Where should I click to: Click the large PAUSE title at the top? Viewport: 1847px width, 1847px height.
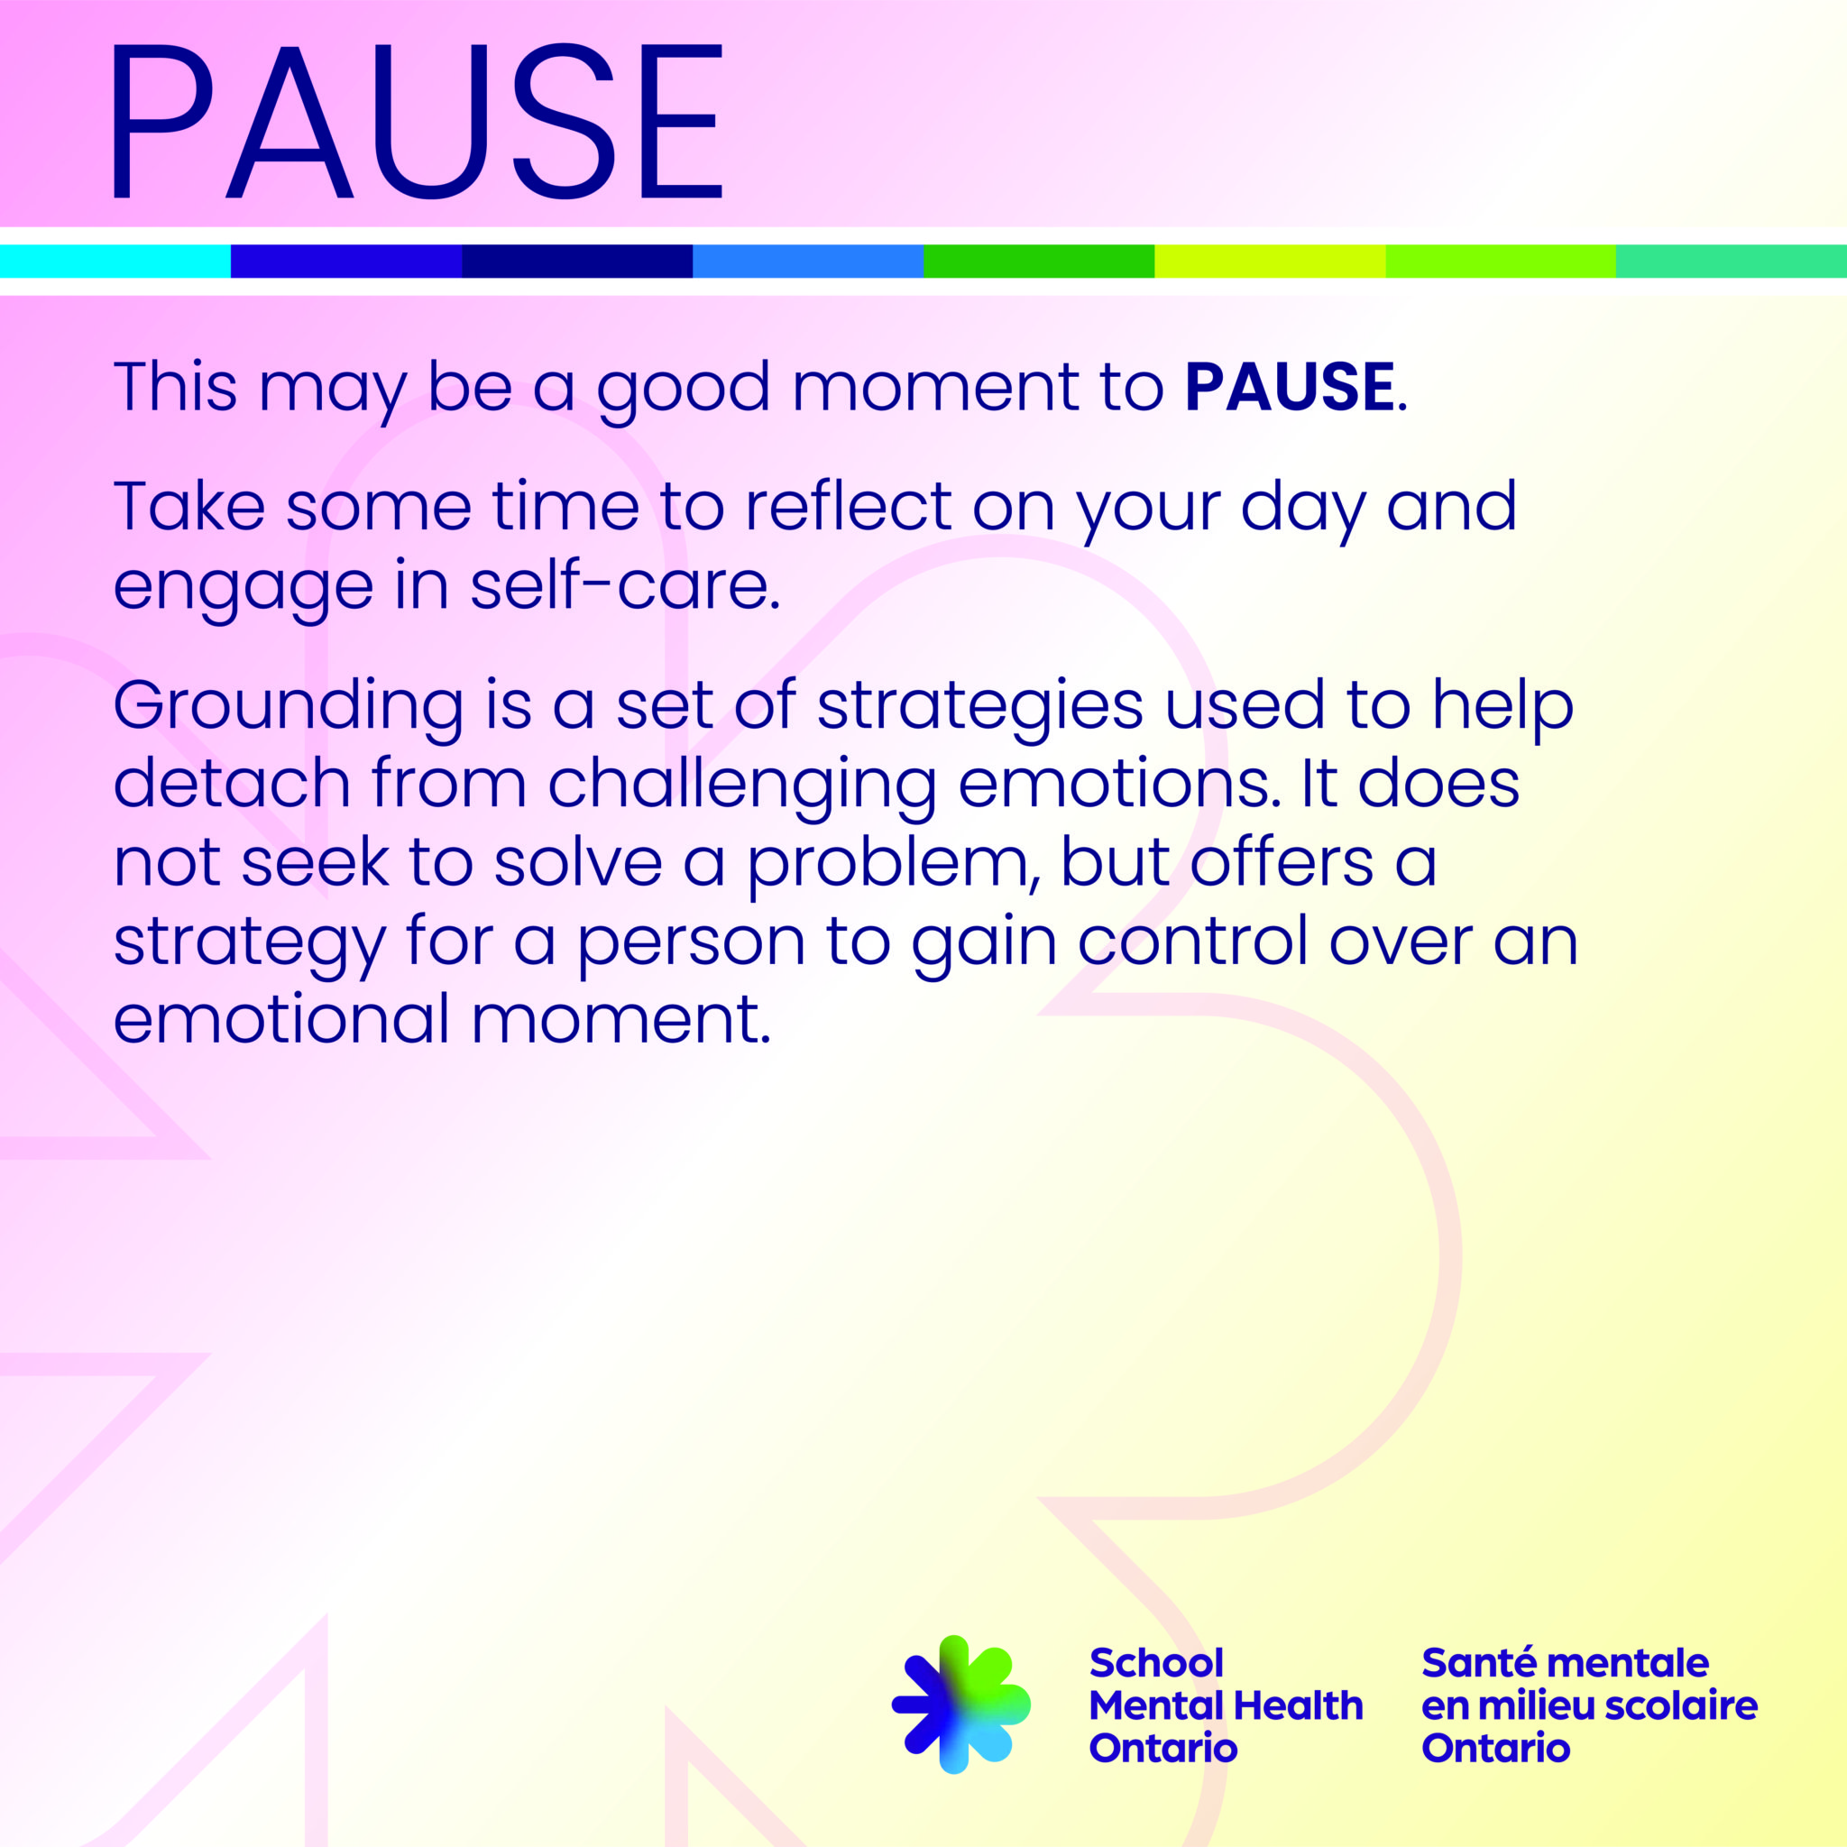pyautogui.click(x=417, y=121)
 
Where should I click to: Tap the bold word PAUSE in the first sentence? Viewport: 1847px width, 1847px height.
pyautogui.click(x=1290, y=387)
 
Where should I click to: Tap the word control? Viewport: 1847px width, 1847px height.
pyautogui.click(x=1193, y=941)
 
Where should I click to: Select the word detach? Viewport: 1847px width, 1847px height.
pyautogui.click(x=233, y=784)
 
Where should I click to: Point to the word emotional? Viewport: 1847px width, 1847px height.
pyautogui.click(x=282, y=1019)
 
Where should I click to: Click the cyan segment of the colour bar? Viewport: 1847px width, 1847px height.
pyautogui.click(x=115, y=261)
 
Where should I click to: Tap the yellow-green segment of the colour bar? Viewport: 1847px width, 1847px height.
pyautogui.click(x=1270, y=261)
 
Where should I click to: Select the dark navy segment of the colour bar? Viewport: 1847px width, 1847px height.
pyautogui.click(x=577, y=261)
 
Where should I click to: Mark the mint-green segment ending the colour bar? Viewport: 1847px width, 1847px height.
pyautogui.click(x=1732, y=261)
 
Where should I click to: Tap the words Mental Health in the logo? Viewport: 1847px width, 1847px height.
pyautogui.click(x=1226, y=1705)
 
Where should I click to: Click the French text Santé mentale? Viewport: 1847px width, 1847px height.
pyautogui.click(x=1565, y=1663)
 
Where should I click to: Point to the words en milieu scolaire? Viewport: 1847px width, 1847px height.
pyautogui.click(x=1589, y=1705)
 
